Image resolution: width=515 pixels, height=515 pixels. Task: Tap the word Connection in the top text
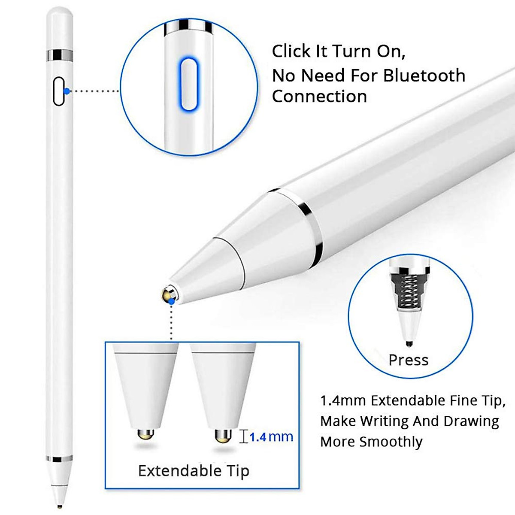coord(319,96)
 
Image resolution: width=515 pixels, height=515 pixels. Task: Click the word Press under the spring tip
coord(408,360)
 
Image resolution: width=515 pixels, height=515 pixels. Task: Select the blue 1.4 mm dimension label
coord(271,437)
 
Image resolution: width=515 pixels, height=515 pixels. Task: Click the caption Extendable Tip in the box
coord(194,471)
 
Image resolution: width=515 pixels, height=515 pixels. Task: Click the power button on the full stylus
coord(58,91)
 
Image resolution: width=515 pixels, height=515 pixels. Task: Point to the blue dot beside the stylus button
coord(66,91)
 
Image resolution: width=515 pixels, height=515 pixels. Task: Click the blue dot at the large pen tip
coord(172,302)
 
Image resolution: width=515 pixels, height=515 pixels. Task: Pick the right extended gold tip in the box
coord(223,436)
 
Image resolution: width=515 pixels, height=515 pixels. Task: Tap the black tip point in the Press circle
coord(409,343)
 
